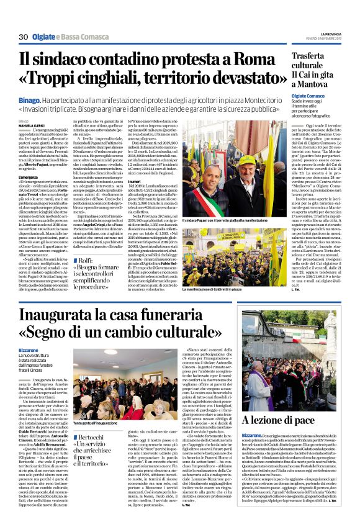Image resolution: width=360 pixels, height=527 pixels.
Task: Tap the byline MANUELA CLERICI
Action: [32, 126]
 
